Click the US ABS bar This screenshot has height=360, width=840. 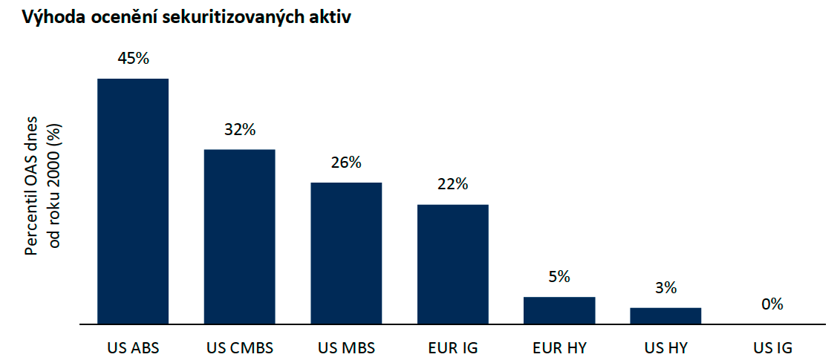pyautogui.click(x=133, y=201)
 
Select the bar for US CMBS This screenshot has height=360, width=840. pyautogui.click(x=239, y=237)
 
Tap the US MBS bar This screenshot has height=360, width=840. pyautogui.click(x=346, y=253)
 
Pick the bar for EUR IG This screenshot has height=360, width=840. pyautogui.click(x=452, y=264)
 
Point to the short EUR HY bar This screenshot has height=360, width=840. pyautogui.click(x=559, y=310)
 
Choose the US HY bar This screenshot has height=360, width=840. pyautogui.click(x=665, y=315)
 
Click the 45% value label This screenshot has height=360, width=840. pyautogui.click(x=134, y=59)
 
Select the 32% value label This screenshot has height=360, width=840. pyautogui.click(x=240, y=130)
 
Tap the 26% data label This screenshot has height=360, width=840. pyautogui.click(x=346, y=163)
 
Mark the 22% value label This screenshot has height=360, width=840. pyautogui.click(x=452, y=184)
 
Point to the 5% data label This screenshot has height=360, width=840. pyautogui.click(x=559, y=277)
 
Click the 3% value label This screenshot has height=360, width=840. pyautogui.click(x=665, y=288)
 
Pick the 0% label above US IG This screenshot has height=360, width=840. pyautogui.click(x=772, y=304)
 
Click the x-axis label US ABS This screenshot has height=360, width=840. pyautogui.click(x=134, y=347)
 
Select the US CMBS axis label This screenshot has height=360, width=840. pyautogui.click(x=239, y=347)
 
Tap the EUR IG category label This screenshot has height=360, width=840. pyautogui.click(x=452, y=347)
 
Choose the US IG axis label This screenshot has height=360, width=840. pyautogui.click(x=772, y=347)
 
